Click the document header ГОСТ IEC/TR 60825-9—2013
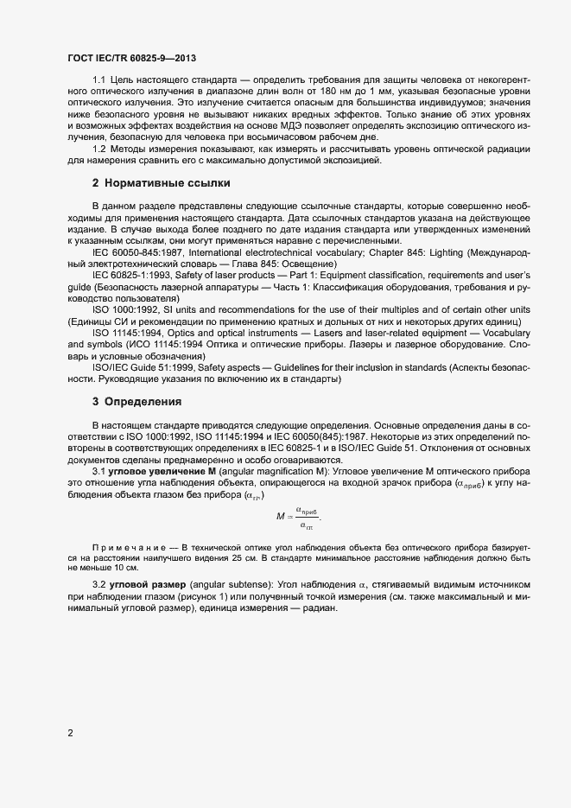coord(131,58)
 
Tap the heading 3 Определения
coord(136,402)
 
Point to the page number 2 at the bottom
coord(70,734)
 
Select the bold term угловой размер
coord(150,586)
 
